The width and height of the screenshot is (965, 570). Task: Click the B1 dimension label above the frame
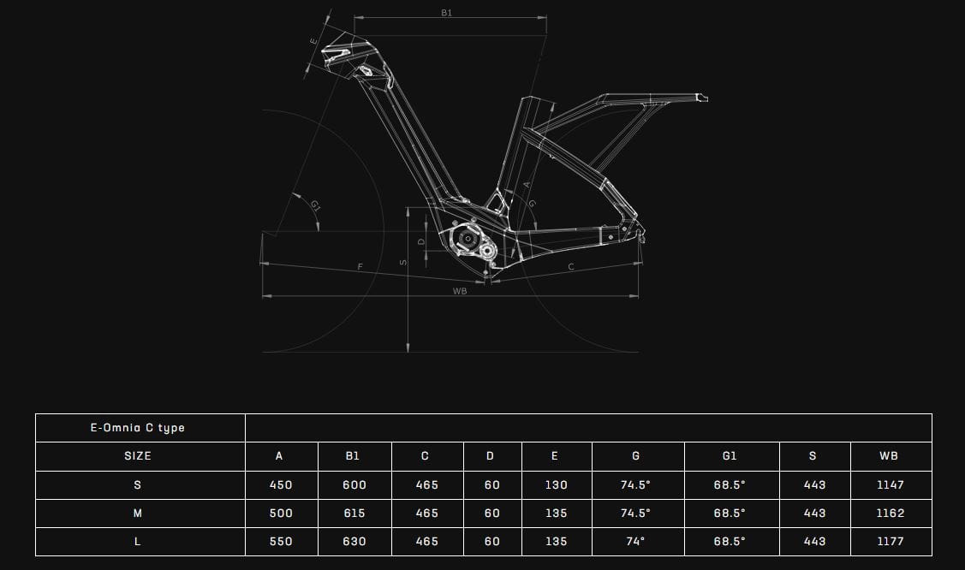tap(446, 13)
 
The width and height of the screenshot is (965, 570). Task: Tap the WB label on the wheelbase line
tap(460, 291)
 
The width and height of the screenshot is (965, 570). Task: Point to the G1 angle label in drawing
tap(315, 205)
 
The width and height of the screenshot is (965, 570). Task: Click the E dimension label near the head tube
tap(313, 39)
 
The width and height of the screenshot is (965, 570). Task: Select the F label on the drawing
tap(360, 267)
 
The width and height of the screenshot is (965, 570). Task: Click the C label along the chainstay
tap(571, 267)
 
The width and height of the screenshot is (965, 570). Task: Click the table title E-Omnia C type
tap(138, 428)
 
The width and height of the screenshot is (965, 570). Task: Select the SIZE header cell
tap(138, 456)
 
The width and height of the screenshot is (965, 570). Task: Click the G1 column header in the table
tap(730, 456)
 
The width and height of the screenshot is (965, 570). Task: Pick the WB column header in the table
tap(889, 456)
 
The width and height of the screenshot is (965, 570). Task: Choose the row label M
tap(138, 514)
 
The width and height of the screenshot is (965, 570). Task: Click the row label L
tap(138, 542)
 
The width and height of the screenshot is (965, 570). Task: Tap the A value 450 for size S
tap(281, 485)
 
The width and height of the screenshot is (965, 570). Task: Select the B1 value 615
tap(354, 514)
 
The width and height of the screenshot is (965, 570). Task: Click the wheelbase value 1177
tap(890, 542)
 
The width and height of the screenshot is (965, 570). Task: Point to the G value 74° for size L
tap(635, 542)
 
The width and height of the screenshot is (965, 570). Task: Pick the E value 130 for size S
tap(556, 485)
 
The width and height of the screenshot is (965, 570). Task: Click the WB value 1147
tap(890, 485)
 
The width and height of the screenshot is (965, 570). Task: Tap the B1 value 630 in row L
tap(354, 542)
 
